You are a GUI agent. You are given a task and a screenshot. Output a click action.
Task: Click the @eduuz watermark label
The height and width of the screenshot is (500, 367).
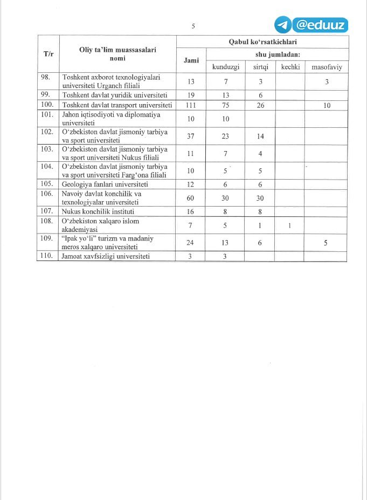click(320, 25)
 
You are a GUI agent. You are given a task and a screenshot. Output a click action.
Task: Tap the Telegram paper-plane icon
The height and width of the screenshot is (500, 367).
click(283, 25)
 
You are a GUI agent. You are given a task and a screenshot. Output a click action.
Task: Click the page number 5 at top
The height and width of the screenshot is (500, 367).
click(193, 26)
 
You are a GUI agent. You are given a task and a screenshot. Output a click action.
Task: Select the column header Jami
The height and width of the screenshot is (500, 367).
click(191, 60)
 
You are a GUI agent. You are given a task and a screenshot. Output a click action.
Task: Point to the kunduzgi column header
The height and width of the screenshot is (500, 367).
click(225, 67)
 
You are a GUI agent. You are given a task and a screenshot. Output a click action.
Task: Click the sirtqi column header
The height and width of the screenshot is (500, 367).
click(261, 67)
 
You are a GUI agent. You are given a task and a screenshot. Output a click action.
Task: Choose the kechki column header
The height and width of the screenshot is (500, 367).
click(290, 67)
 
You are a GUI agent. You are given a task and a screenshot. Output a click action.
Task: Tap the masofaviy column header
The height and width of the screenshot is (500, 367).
click(327, 67)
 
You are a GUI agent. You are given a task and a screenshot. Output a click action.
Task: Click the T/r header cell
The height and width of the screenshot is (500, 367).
click(48, 54)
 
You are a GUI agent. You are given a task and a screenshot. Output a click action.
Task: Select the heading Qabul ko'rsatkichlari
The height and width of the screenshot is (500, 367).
click(263, 42)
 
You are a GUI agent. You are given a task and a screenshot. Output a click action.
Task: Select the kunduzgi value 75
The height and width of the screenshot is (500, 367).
click(225, 105)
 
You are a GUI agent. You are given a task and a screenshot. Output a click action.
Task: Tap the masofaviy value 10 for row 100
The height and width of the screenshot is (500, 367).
click(327, 106)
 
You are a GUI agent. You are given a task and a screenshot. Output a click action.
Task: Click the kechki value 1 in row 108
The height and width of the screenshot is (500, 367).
click(290, 225)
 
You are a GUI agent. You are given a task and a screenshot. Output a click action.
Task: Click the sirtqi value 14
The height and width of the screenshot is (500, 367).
click(261, 136)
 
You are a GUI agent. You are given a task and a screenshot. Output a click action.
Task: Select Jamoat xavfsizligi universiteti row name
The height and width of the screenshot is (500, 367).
click(106, 256)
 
